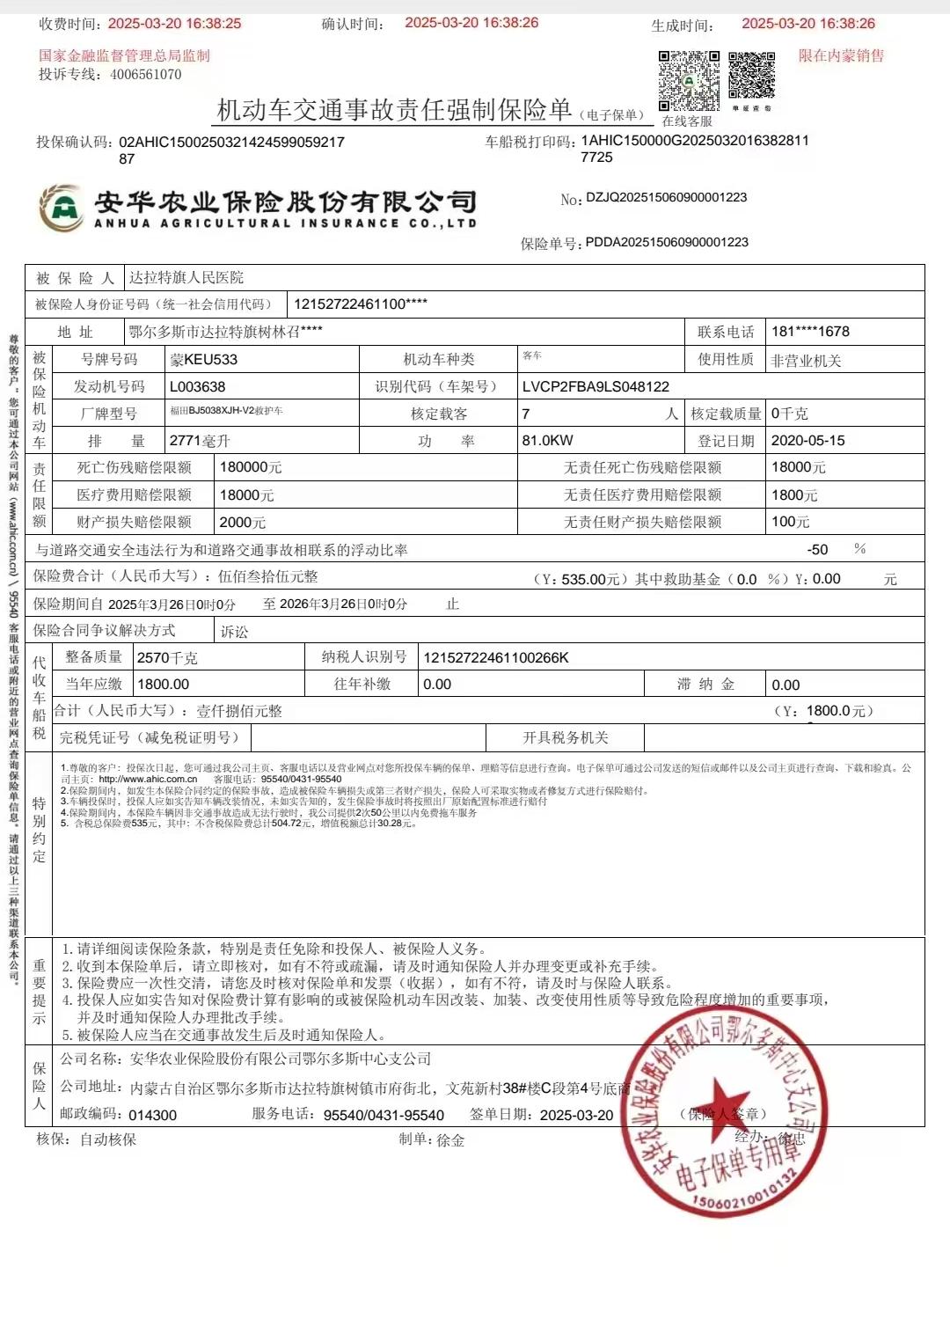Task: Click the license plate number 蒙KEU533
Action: (x=203, y=359)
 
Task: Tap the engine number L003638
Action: (x=197, y=386)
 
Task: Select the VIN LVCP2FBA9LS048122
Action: (x=595, y=386)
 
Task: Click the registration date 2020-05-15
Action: (x=807, y=440)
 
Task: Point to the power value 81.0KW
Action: (x=547, y=440)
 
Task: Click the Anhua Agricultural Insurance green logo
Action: (x=61, y=208)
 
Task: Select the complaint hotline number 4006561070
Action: (x=146, y=75)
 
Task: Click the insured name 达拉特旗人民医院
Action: (x=186, y=278)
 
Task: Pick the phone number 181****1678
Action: (x=810, y=332)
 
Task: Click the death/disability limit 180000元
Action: (x=251, y=467)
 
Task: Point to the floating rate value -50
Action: (x=817, y=549)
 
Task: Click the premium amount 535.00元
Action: (x=585, y=579)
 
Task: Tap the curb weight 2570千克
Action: (x=167, y=657)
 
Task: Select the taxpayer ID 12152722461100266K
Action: (x=496, y=657)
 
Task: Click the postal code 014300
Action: (x=152, y=1115)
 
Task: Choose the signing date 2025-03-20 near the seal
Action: (x=576, y=1115)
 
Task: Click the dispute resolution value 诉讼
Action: (x=234, y=631)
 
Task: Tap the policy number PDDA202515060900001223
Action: (x=667, y=242)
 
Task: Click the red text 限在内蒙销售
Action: (x=841, y=55)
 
